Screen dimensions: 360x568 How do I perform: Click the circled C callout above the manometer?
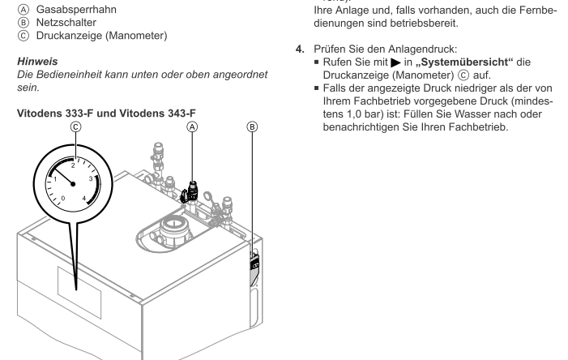[x=75, y=127]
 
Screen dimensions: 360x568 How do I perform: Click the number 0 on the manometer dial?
[x=64, y=198]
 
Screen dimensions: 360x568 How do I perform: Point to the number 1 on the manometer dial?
[x=54, y=178]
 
